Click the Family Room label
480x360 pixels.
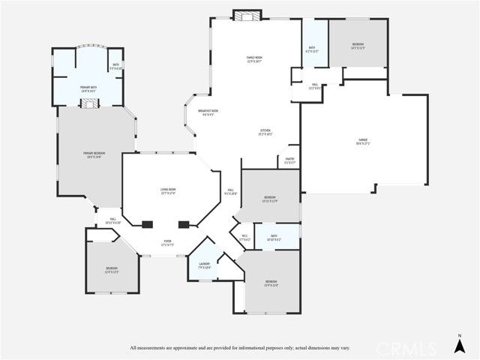(x=255, y=58)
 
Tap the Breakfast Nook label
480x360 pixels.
(x=208, y=112)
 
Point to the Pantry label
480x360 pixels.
(x=290, y=160)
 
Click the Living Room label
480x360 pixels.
(x=167, y=190)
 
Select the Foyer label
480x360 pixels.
(x=168, y=243)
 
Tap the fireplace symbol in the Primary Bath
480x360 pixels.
(x=90, y=103)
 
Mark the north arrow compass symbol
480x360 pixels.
(x=459, y=343)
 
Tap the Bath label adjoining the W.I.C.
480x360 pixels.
(x=274, y=238)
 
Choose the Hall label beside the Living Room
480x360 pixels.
(x=231, y=191)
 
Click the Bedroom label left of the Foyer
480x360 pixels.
(x=111, y=269)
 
